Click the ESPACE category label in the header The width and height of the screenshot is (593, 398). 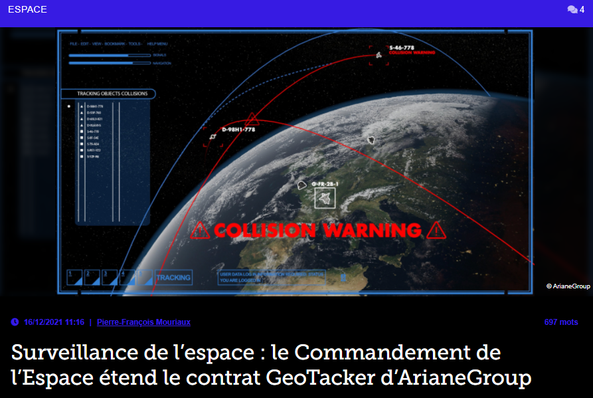point(27,10)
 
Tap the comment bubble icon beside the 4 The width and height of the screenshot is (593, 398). point(572,10)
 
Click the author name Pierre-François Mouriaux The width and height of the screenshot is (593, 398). point(143,322)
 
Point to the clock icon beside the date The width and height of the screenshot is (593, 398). point(15,322)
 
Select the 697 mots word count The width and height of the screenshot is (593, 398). point(560,322)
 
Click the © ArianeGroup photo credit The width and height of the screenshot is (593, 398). point(568,286)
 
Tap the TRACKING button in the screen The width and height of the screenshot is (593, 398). point(173,278)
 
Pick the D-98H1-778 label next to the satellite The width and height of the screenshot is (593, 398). point(238,130)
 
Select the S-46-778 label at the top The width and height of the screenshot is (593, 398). point(402,48)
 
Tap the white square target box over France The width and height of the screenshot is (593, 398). point(325,198)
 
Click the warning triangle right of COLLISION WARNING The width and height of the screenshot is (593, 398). point(436,231)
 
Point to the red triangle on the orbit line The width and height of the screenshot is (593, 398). point(252,120)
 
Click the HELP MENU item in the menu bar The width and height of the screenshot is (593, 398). point(157,44)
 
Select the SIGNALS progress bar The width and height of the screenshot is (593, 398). point(110,55)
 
